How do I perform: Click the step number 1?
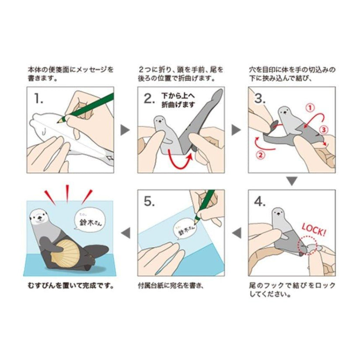click(x=38, y=99)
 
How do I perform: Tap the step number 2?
click(x=149, y=98)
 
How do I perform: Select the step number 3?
click(x=260, y=98)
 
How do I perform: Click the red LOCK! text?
click(x=314, y=227)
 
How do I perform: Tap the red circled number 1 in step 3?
click(x=309, y=106)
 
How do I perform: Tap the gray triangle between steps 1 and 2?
click(x=126, y=129)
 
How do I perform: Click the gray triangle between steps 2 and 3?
click(x=236, y=129)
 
